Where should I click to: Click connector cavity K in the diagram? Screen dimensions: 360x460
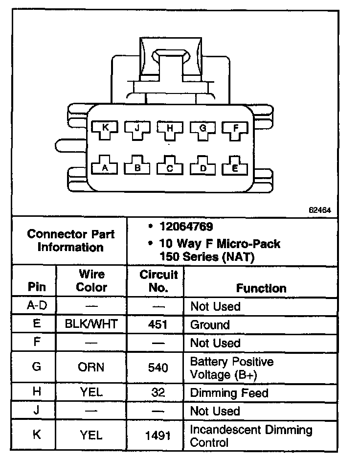tap(104, 129)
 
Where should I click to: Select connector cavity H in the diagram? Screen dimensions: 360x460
tap(170, 129)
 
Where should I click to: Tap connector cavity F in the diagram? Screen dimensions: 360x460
tap(235, 129)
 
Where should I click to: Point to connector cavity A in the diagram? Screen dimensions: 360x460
tap(104, 167)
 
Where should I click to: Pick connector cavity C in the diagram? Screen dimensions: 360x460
tap(170, 168)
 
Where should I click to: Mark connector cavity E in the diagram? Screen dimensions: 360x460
tap(235, 167)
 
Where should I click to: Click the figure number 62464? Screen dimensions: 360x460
tap(320, 210)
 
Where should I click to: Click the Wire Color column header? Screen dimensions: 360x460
tap(91, 281)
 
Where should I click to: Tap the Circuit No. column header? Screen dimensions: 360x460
tap(158, 281)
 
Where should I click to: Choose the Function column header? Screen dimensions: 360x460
tap(261, 288)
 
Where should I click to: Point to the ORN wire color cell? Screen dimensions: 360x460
tap(91, 367)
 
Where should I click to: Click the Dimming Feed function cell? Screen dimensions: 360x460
tap(229, 392)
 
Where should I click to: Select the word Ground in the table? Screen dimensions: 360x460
tap(209, 325)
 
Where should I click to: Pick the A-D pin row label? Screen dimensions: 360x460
tap(36, 306)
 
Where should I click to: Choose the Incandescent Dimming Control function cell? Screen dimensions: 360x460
tap(251, 436)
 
